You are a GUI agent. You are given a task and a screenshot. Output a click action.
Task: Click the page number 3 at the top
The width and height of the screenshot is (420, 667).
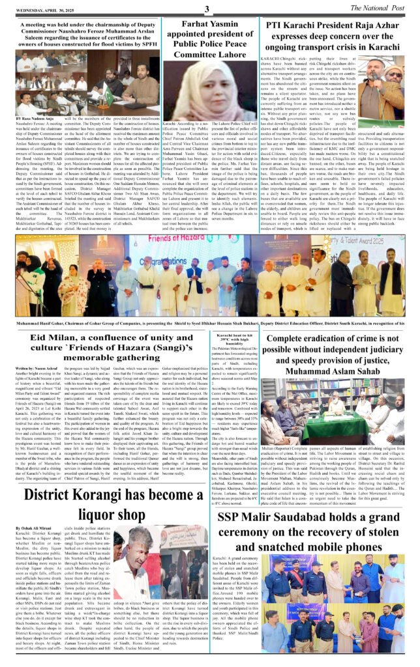tap(207, 8)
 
